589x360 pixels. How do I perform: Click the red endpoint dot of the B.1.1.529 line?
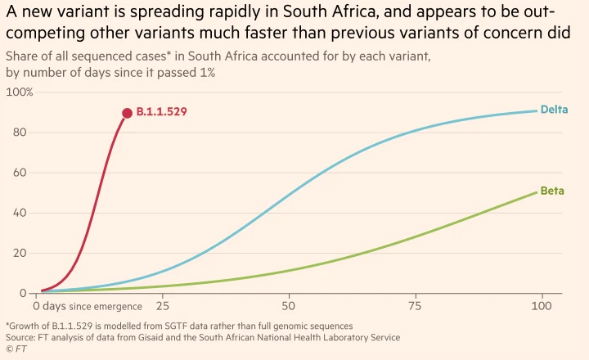127,114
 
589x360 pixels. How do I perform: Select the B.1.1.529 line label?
162,112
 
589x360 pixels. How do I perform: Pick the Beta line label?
552,191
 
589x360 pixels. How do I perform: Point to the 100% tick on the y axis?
20,92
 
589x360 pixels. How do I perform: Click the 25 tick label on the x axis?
162,306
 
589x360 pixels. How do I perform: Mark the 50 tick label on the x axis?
288,306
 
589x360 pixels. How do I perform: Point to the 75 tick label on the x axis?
414,306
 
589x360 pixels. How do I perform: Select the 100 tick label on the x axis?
540,306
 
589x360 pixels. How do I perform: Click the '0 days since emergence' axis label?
88,306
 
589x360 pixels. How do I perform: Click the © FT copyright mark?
16,349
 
